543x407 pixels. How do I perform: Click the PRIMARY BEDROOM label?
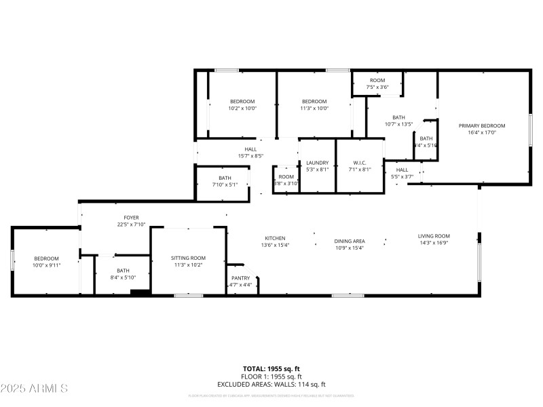482,125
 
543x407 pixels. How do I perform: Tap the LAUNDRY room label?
317,163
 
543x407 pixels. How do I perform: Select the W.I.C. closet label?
360,163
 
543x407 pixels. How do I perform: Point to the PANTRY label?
241,278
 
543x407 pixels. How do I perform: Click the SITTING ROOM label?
188,258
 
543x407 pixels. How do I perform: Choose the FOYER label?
113,218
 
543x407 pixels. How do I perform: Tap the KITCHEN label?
275,238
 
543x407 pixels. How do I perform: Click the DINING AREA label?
350,241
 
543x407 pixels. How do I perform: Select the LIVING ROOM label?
434,236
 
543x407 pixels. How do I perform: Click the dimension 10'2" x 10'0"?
242,108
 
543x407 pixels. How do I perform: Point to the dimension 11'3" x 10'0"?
314,108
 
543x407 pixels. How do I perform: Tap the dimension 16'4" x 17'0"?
482,132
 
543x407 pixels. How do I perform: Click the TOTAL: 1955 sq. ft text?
271,369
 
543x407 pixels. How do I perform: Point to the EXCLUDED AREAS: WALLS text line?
271,384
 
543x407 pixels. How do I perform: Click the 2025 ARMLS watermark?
35,389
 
